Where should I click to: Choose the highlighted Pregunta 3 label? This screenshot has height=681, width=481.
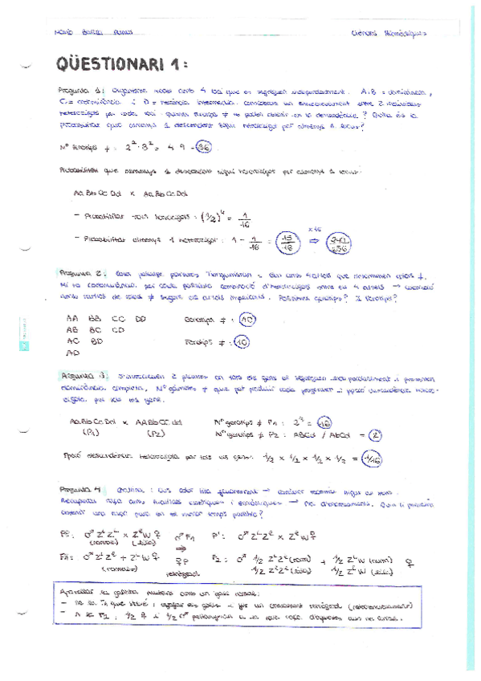pyautogui.click(x=79, y=375)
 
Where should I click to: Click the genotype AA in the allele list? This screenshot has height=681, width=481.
pyautogui.click(x=72, y=318)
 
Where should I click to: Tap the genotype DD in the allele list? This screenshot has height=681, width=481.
pyautogui.click(x=141, y=318)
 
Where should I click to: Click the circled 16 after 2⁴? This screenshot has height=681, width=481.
pyautogui.click(x=324, y=421)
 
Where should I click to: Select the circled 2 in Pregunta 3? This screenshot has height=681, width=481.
pyautogui.click(x=378, y=434)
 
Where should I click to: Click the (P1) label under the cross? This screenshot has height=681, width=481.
pyautogui.click(x=90, y=434)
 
